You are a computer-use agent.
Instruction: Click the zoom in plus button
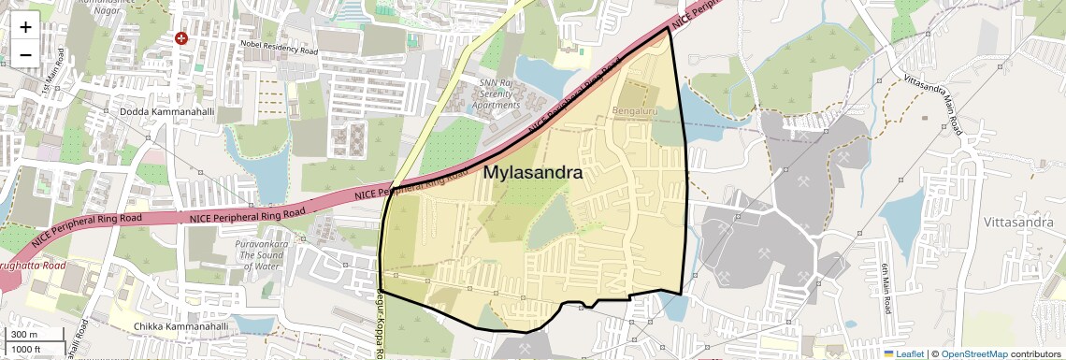(x=25, y=26)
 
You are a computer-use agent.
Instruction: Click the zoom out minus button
(x=25, y=54)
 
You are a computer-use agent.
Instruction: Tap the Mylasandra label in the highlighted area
(x=533, y=173)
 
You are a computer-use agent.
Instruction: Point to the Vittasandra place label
(x=1018, y=223)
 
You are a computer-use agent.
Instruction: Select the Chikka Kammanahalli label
(x=180, y=327)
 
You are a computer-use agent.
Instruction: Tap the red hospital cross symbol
(x=181, y=38)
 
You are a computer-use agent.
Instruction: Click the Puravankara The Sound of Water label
(x=259, y=253)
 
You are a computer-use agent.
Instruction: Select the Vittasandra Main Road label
(x=932, y=102)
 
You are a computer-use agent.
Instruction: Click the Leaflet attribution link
(x=904, y=353)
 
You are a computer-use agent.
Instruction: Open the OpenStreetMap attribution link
(x=973, y=353)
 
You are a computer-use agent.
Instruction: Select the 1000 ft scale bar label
(x=26, y=349)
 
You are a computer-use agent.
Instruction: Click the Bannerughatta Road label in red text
(x=33, y=266)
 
